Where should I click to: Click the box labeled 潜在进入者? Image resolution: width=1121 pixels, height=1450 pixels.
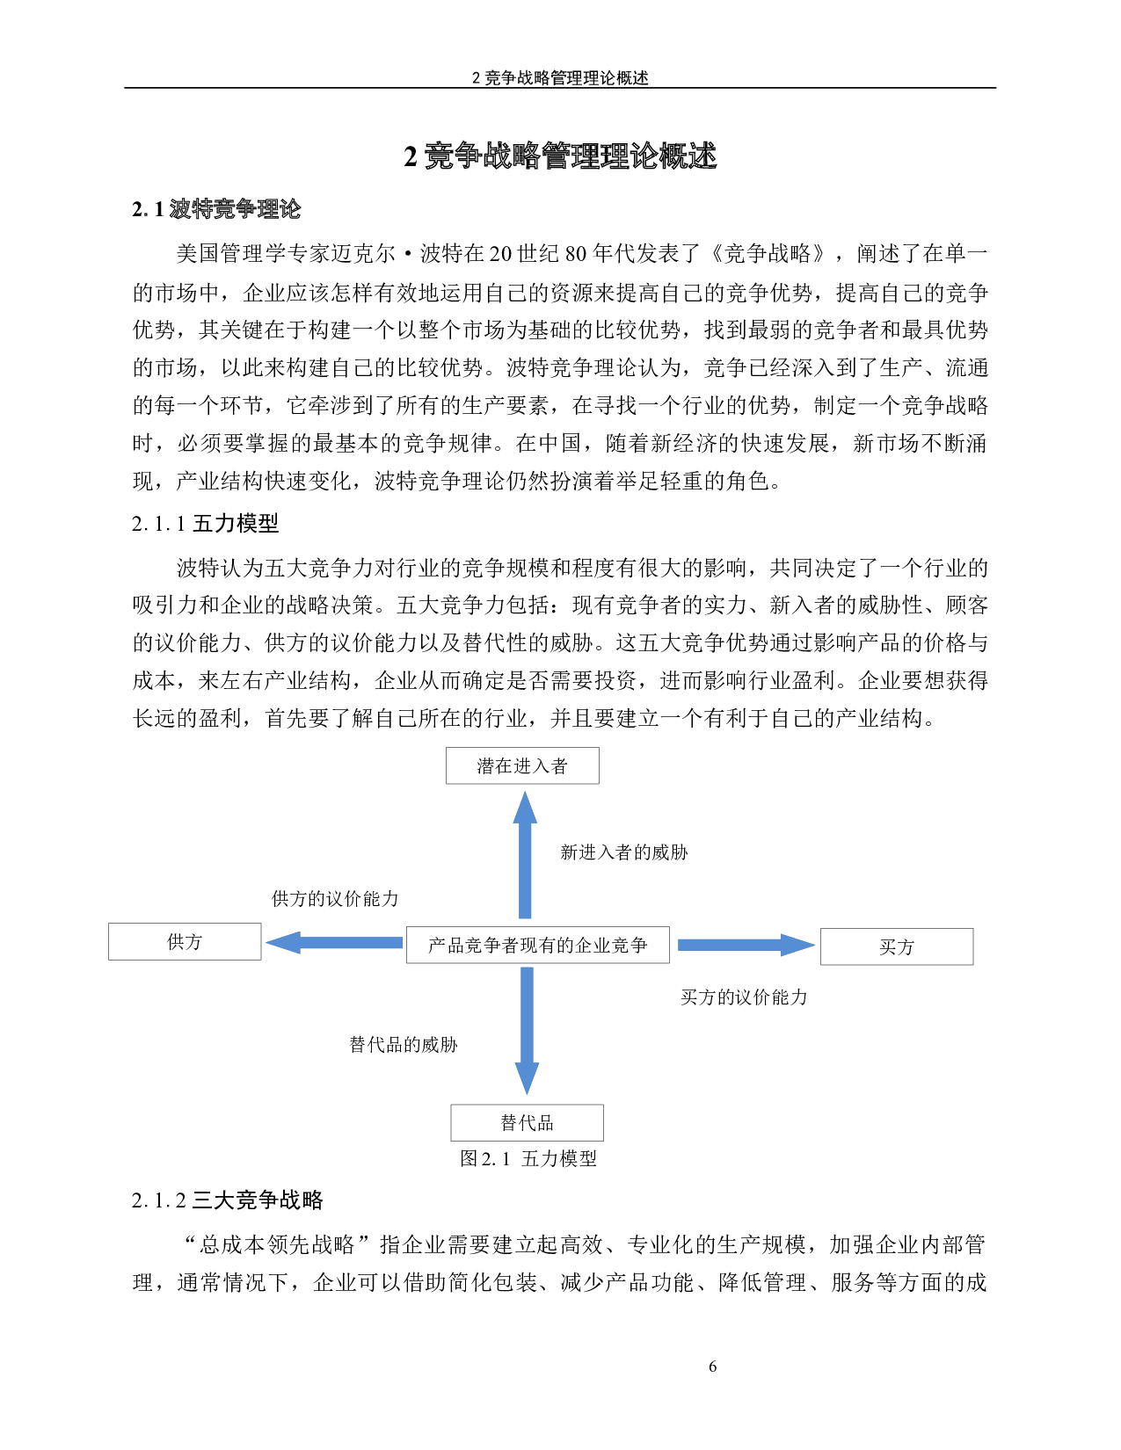[522, 765]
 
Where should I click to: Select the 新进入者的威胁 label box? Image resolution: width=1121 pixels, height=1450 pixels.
[628, 851]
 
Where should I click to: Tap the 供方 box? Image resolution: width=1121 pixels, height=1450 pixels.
[185, 941]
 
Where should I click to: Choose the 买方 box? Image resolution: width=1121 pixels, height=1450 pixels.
[897, 946]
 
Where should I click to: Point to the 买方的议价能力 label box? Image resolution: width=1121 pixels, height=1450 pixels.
[747, 996]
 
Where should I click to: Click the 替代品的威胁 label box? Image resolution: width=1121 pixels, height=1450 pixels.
[417, 1043]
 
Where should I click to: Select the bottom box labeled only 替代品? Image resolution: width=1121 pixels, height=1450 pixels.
[527, 1122]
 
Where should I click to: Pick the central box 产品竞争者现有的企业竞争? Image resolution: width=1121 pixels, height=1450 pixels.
[537, 945]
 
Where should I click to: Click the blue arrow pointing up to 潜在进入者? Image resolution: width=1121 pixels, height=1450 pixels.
[525, 857]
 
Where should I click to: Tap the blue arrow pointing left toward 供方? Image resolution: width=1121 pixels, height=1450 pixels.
[334, 943]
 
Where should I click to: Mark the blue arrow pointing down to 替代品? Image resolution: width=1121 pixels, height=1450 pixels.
[527, 1028]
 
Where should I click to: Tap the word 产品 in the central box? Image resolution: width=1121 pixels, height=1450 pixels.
[446, 945]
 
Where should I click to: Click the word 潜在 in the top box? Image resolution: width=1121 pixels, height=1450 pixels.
[495, 765]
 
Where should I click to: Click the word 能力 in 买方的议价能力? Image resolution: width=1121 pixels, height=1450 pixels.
[790, 997]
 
